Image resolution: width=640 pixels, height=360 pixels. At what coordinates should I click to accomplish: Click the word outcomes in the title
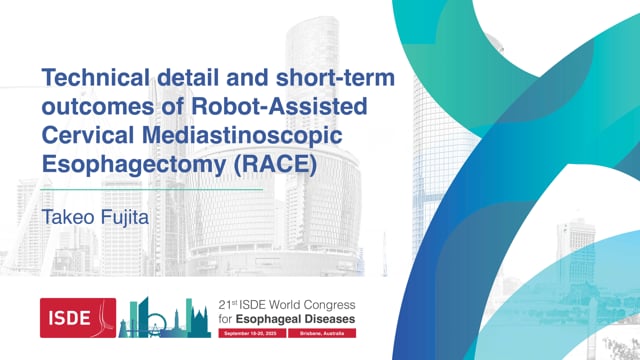click(x=85, y=104)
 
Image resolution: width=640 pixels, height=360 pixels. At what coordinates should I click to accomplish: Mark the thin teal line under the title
click(x=150, y=189)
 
